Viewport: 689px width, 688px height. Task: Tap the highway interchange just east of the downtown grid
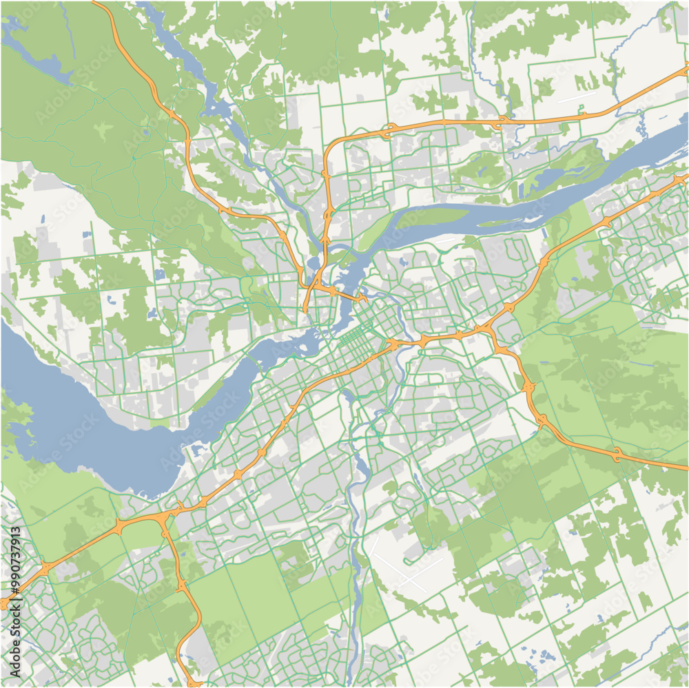click(x=394, y=343)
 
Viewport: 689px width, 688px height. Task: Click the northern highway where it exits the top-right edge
click(x=686, y=69)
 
